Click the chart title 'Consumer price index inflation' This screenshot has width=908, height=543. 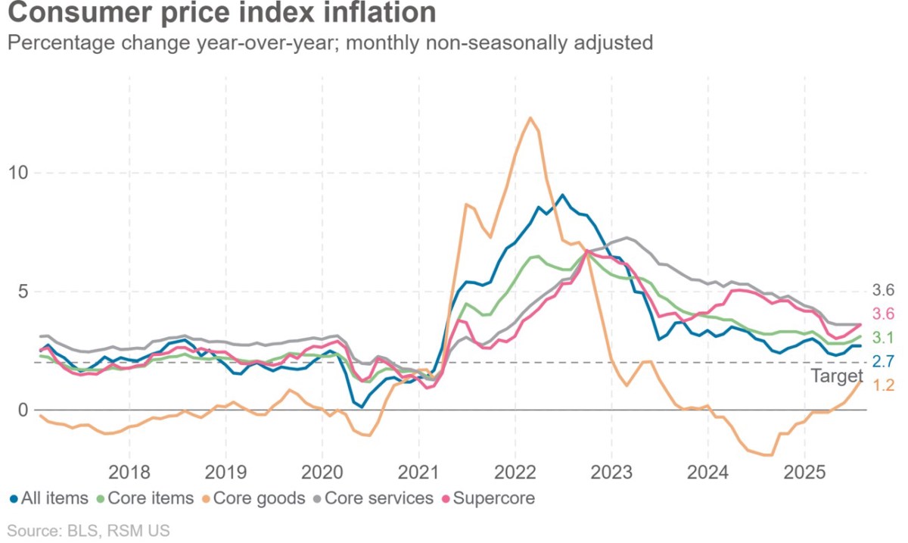pyautogui.click(x=222, y=12)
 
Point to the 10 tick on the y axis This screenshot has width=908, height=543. pyautogui.click(x=18, y=173)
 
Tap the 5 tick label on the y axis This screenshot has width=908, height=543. pyautogui.click(x=23, y=292)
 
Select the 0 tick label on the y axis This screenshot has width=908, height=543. pyautogui.click(x=23, y=410)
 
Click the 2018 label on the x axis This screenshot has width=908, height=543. pyautogui.click(x=129, y=473)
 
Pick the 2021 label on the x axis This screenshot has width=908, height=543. pyautogui.click(x=418, y=473)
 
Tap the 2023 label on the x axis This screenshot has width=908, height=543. pyautogui.click(x=611, y=473)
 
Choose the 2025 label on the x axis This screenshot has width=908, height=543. pyautogui.click(x=804, y=473)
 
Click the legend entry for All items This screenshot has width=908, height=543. pyautogui.click(x=48, y=498)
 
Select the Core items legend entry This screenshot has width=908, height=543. pyautogui.click(x=145, y=498)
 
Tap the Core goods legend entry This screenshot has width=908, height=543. pyautogui.click(x=253, y=498)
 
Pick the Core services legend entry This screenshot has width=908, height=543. pyautogui.click(x=374, y=498)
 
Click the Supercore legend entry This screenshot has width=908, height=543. pyautogui.click(x=489, y=498)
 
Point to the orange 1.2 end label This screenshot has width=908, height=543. pyautogui.click(x=883, y=385)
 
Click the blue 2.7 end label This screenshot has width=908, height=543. pyautogui.click(x=883, y=361)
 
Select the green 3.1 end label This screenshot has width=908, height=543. pyautogui.click(x=883, y=338)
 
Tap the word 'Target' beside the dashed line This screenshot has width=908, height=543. pyautogui.click(x=837, y=376)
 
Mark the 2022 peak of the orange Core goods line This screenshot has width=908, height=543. pyautogui.click(x=530, y=117)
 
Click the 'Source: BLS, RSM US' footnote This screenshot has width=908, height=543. pyautogui.click(x=89, y=531)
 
